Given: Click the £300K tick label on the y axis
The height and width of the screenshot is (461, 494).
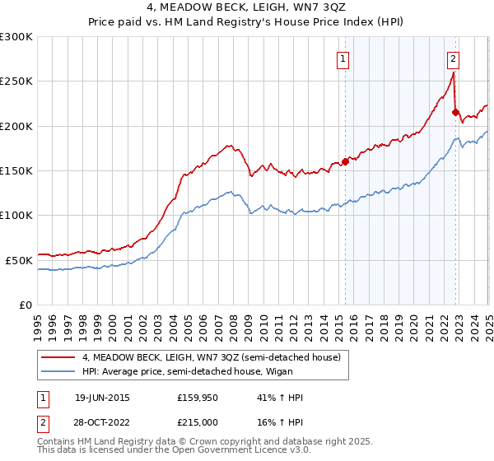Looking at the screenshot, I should click(x=16, y=37).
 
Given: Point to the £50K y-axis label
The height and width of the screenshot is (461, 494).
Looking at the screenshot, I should click(x=19, y=260).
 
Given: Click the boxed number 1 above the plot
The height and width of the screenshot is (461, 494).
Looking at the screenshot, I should click(x=342, y=58).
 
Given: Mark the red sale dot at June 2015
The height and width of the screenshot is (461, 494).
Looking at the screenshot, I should click(x=345, y=161).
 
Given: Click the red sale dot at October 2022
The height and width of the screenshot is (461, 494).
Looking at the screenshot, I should click(x=455, y=113).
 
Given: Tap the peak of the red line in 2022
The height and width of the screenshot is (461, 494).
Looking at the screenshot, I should click(x=453, y=72).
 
